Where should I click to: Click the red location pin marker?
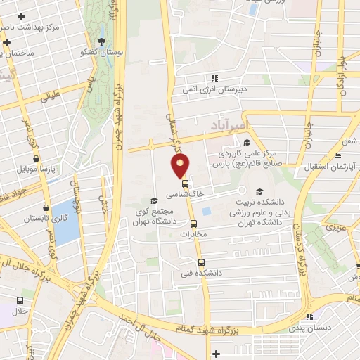click(180, 166)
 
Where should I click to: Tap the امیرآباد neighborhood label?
click(229, 125)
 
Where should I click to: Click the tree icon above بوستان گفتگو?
click(103, 41)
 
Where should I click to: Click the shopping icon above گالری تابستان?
click(46, 208)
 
